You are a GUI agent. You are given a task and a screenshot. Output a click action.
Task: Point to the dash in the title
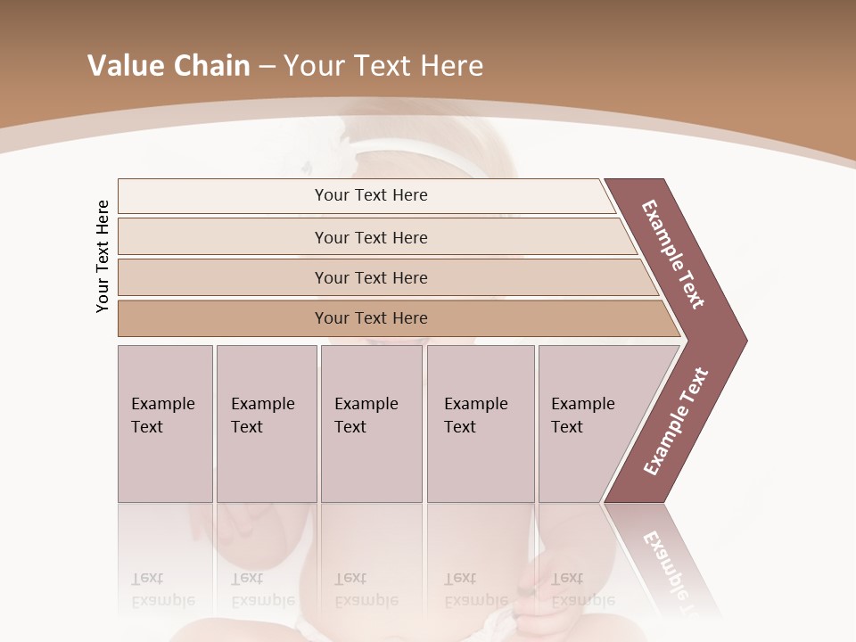coord(267,66)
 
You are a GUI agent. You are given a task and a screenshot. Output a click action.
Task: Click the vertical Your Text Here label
coord(103,257)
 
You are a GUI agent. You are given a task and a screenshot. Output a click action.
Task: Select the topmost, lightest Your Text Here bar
coord(370,195)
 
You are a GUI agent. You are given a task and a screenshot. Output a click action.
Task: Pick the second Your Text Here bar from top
coord(370,237)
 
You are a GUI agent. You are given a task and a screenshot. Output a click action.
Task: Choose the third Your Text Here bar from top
coord(370,277)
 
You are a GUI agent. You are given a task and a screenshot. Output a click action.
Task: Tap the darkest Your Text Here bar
coord(370,318)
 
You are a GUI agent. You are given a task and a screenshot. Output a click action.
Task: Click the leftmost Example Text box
coord(165,424)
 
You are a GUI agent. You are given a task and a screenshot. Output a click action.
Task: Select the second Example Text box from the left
coord(266,424)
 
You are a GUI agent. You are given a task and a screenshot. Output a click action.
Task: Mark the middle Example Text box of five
coord(371,424)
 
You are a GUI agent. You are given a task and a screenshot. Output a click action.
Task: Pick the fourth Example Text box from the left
coord(480,424)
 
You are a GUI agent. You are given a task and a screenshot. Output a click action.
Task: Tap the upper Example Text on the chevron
coord(673,254)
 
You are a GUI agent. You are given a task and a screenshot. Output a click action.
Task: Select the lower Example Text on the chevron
coord(676,421)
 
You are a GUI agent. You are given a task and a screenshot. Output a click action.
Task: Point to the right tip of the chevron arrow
coord(745,340)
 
